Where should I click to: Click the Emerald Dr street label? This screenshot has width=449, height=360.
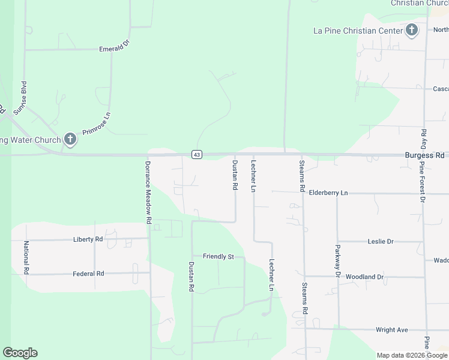pyautogui.click(x=115, y=49)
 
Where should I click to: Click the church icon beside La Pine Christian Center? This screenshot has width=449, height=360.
pyautogui.click(x=412, y=30)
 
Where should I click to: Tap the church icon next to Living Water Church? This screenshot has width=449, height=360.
pyautogui.click(x=70, y=140)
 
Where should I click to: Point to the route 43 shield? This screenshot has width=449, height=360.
pyautogui.click(x=197, y=155)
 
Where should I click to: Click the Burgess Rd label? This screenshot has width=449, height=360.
pyautogui.click(x=424, y=154)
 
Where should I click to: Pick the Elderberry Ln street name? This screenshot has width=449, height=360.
pyautogui.click(x=328, y=193)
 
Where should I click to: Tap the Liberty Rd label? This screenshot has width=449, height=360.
pyautogui.click(x=88, y=239)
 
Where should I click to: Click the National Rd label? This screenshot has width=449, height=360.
pyautogui.click(x=26, y=257)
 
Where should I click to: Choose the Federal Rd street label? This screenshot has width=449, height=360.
pyautogui.click(x=88, y=274)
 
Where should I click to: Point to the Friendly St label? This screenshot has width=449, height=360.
pyautogui.click(x=218, y=257)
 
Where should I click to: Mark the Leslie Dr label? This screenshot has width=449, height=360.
pyautogui.click(x=380, y=242)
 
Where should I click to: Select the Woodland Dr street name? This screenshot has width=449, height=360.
pyautogui.click(x=364, y=277)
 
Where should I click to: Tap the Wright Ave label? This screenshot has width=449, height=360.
pyautogui.click(x=391, y=330)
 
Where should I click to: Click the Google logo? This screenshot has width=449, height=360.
pyautogui.click(x=20, y=353)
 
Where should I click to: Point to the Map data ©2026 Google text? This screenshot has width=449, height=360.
pyautogui.click(x=412, y=355)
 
